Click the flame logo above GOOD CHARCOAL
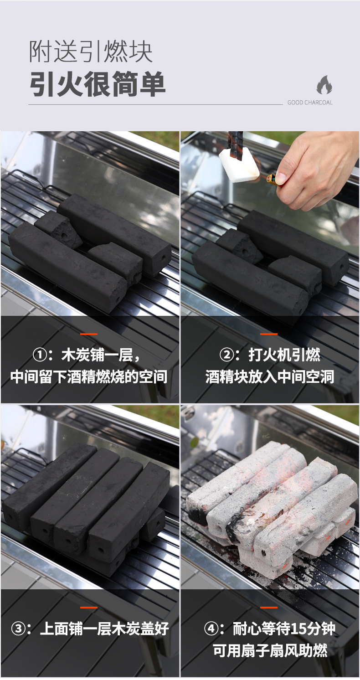[x=324, y=85]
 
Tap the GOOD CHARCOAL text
[x=310, y=103]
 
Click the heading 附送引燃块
[x=90, y=52]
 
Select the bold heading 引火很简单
[x=98, y=84]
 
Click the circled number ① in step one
[x=40, y=355]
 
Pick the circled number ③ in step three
[x=18, y=628]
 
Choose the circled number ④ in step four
[x=211, y=628]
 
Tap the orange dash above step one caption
[x=89, y=334]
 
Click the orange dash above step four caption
[x=269, y=608]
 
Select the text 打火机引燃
[x=284, y=355]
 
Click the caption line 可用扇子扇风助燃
[x=270, y=650]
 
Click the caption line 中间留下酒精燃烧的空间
[x=89, y=377]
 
